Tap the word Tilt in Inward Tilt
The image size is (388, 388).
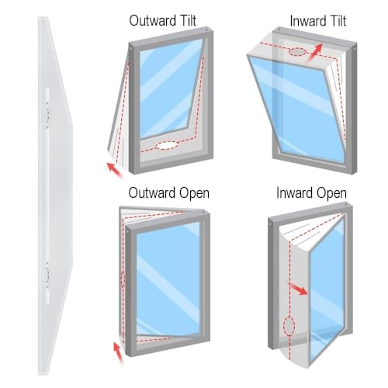click(x=336, y=21)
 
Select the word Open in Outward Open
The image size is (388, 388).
click(x=194, y=194)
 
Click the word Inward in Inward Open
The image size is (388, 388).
click(x=294, y=193)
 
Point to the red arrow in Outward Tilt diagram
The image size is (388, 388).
click(x=115, y=170)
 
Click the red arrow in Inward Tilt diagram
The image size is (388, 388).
click(x=315, y=53)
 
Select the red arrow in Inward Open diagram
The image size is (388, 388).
click(x=299, y=289)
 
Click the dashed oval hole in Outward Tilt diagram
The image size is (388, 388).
click(x=167, y=145)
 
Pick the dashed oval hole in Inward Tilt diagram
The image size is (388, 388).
click(x=298, y=52)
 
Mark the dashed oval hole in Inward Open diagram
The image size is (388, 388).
click(x=289, y=326)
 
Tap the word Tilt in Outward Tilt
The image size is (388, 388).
click(x=186, y=20)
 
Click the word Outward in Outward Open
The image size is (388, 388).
click(x=152, y=193)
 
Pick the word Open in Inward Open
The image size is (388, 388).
click(x=331, y=194)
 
